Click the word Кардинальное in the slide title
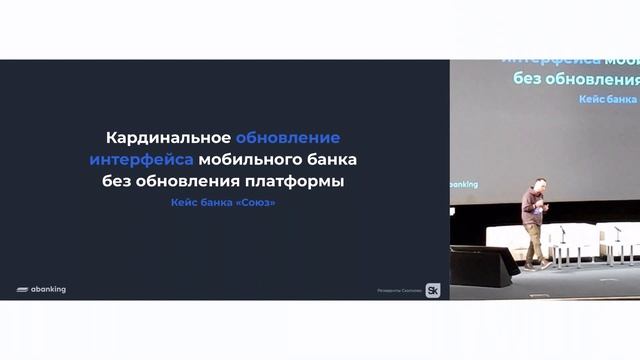169,137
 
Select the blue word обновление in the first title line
288,137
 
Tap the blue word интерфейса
141,159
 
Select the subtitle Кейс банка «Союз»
223,203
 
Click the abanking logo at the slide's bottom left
41,290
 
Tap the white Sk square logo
433,290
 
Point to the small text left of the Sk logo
399,291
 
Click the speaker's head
539,184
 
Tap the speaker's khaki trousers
534,241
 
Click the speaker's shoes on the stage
537,265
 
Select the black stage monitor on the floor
480,265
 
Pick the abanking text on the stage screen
463,185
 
